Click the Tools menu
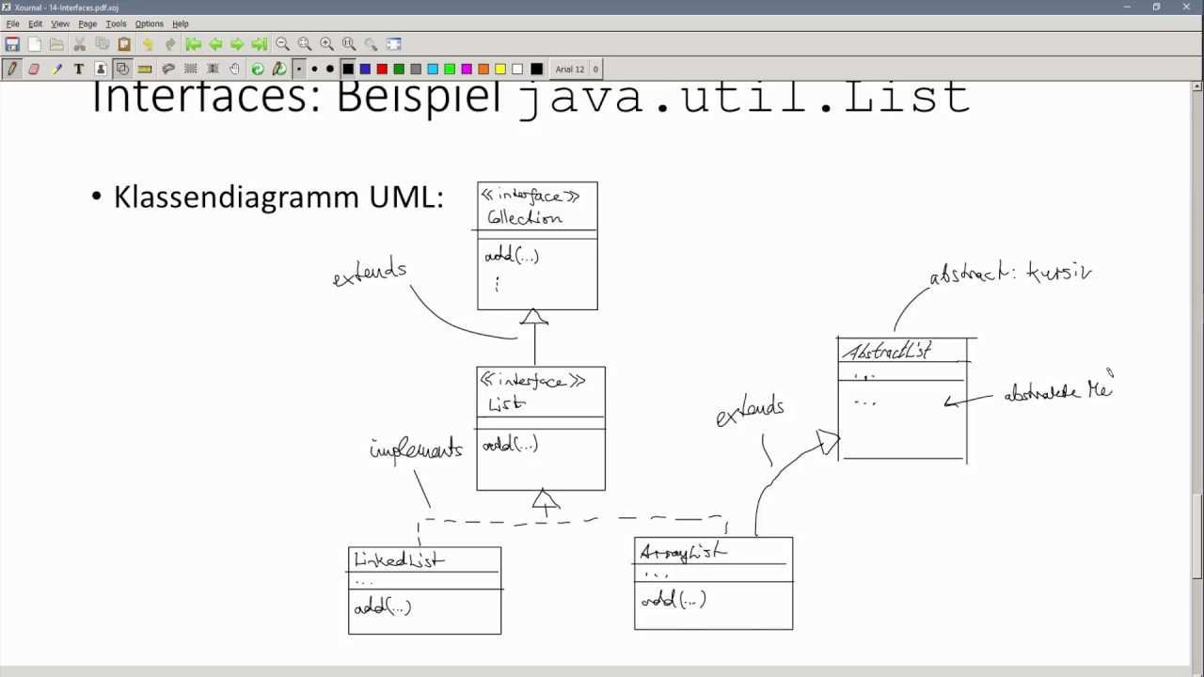click(116, 24)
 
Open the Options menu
click(149, 24)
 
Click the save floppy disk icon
click(12, 44)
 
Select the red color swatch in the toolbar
click(382, 69)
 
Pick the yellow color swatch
click(500, 69)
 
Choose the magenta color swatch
click(467, 69)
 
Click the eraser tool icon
click(34, 69)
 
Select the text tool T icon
click(79, 69)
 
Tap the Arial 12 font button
click(570, 69)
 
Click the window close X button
click(1187, 7)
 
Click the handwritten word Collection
click(525, 217)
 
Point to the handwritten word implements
click(416, 449)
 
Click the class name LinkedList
click(399, 559)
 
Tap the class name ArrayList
click(682, 552)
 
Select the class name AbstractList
click(886, 352)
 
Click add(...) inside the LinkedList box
click(383, 606)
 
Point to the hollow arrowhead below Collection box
click(534, 317)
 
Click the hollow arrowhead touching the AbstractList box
click(828, 442)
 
